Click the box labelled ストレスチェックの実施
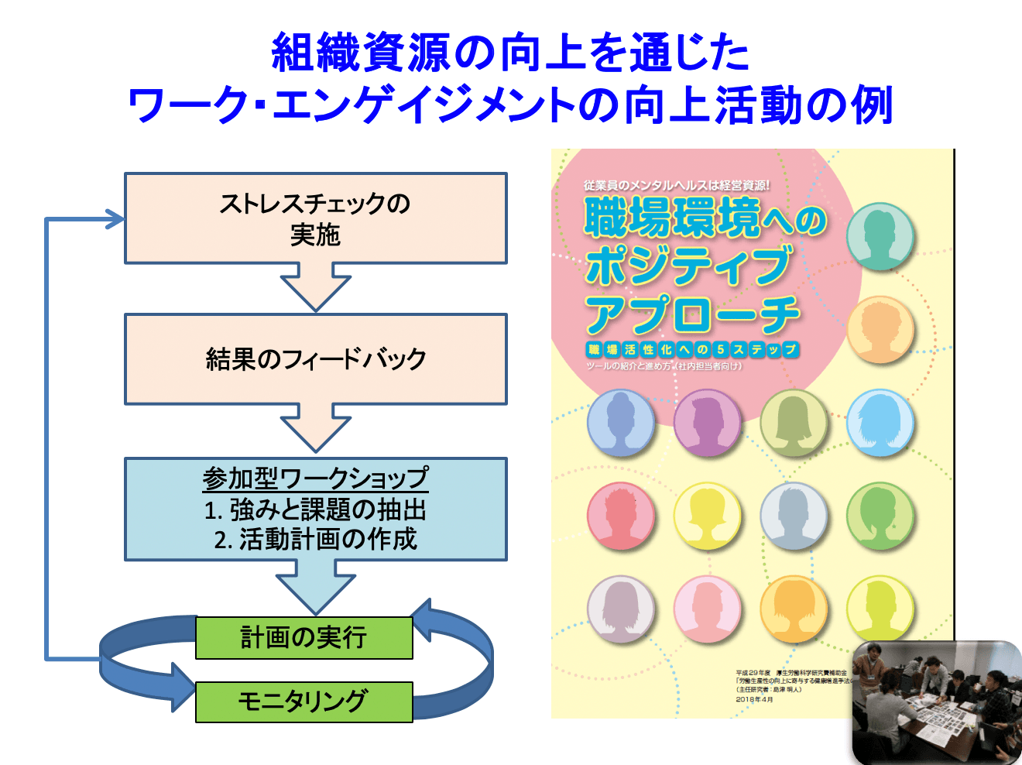tap(315, 218)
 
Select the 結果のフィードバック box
tap(315, 358)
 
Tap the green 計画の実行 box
tap(304, 637)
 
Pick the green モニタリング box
tap(304, 701)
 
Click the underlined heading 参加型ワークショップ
tap(315, 479)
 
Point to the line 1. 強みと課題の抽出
tap(315, 509)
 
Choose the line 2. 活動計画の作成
tap(315, 539)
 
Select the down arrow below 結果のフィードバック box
tap(315, 428)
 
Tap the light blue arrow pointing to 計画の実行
tap(315, 588)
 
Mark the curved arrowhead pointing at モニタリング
tap(183, 687)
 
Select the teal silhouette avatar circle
tap(880, 236)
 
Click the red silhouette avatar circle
tap(621, 515)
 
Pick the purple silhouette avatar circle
tap(707, 423)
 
